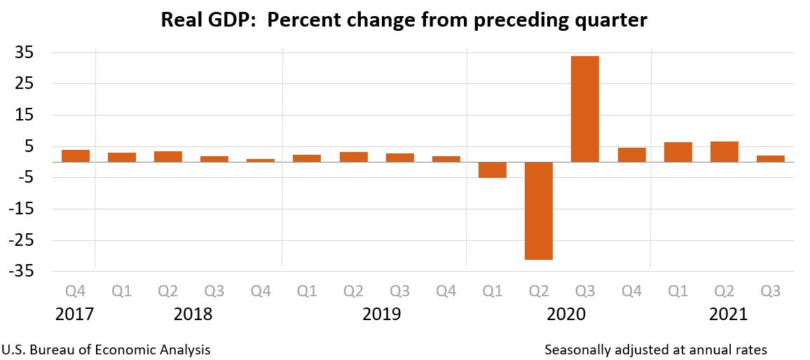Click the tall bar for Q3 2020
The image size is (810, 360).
[x=585, y=109]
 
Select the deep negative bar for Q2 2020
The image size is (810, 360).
[x=539, y=210]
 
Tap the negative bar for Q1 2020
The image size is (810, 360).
[x=493, y=169]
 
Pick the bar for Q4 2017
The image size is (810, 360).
[x=76, y=155]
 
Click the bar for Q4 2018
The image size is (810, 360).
[x=261, y=160]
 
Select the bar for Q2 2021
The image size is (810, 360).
[x=724, y=151]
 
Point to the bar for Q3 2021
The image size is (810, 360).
[x=770, y=158]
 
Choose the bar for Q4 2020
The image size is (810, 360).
[x=631, y=155]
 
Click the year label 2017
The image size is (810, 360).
[x=75, y=314]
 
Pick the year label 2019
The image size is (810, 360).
[x=382, y=314]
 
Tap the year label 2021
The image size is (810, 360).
[x=729, y=314]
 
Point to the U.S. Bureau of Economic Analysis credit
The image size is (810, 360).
[x=107, y=349]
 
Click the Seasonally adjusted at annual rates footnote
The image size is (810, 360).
[x=656, y=349]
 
